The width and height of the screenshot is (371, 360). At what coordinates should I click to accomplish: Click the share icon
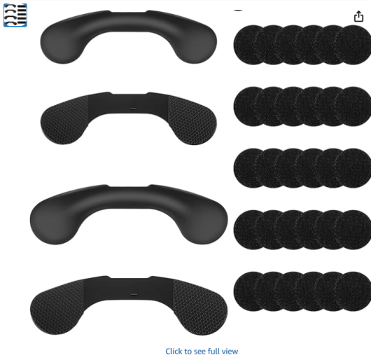point(358,16)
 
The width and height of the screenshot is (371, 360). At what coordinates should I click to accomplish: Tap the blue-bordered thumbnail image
point(15,15)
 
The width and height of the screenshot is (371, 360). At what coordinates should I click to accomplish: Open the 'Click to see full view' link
point(202,351)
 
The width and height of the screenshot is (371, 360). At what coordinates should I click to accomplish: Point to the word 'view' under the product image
point(230,351)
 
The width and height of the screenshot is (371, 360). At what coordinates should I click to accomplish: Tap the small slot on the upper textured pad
point(133,109)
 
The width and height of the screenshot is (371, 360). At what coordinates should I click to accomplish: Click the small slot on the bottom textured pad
point(134,295)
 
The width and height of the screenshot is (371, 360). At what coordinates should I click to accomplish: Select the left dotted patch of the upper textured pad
point(64,120)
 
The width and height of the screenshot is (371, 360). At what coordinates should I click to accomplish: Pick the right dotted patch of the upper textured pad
point(192,120)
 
